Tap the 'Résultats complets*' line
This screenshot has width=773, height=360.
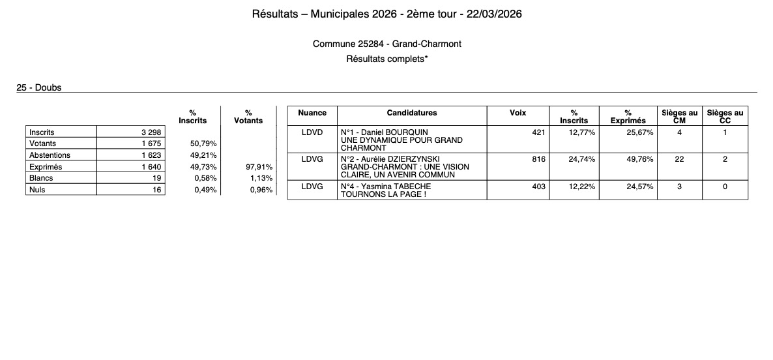pos(387,59)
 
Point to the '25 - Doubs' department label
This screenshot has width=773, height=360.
pos(39,87)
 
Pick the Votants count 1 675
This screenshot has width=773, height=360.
pos(151,143)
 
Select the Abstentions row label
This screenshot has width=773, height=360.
pos(50,155)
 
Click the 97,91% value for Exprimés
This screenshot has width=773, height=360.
pos(259,167)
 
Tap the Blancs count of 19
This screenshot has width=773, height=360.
pos(156,178)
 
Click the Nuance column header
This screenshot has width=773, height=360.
pos(312,113)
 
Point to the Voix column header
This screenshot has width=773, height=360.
pos(518,113)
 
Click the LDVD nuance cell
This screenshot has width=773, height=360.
pos(312,132)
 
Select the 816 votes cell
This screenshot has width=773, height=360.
pos(538,159)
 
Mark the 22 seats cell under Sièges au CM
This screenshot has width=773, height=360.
pos(679,159)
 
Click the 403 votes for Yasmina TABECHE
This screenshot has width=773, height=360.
pos(538,187)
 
